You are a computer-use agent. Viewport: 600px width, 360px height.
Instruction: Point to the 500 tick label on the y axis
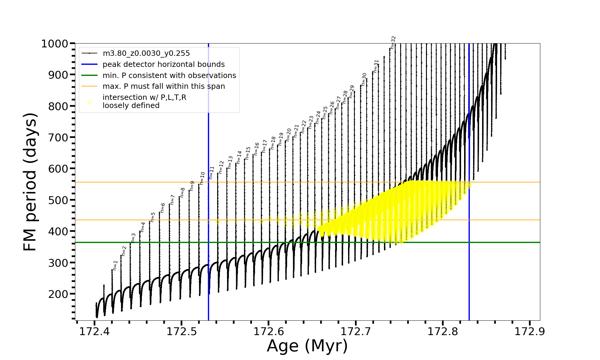tap(58, 200)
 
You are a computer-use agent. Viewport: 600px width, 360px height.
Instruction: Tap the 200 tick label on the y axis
tap(58, 294)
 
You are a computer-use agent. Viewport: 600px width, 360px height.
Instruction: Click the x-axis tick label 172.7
tap(355, 331)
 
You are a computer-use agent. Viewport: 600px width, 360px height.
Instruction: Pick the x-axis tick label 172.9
tap(529, 331)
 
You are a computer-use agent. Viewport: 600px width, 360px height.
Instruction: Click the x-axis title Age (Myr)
tap(307, 346)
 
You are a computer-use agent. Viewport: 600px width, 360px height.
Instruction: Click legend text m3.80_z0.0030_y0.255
tap(146, 53)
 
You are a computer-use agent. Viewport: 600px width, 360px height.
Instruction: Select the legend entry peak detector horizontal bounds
tap(163, 64)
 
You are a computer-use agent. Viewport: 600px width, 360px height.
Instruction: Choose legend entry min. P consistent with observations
tap(169, 76)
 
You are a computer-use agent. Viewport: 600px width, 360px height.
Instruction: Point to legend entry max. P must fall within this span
tap(163, 86)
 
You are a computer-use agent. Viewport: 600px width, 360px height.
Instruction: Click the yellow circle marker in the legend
tap(89, 102)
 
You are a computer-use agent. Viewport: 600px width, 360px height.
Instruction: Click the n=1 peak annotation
tap(115, 265)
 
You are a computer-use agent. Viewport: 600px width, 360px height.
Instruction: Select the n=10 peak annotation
tap(202, 178)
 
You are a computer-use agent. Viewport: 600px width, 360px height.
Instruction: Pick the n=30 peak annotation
tap(364, 79)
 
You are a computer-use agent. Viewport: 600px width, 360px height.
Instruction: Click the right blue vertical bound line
tap(469, 270)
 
